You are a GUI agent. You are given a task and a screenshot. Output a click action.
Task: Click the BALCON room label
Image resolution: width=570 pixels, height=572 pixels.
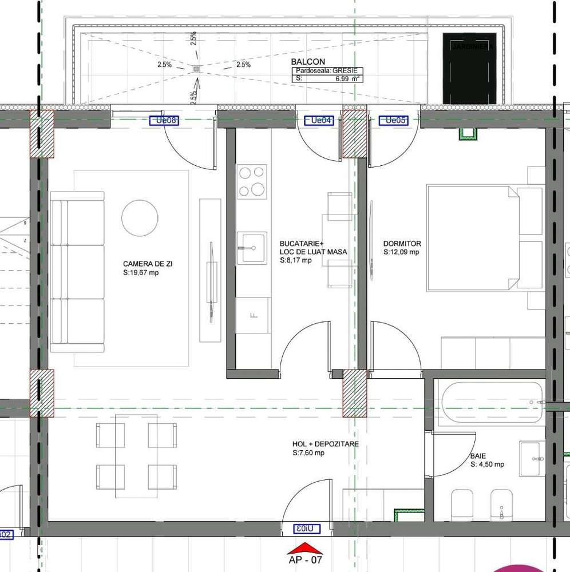tap(308, 62)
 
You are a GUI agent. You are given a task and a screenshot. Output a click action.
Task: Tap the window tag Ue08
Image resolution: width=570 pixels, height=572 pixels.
tap(164, 120)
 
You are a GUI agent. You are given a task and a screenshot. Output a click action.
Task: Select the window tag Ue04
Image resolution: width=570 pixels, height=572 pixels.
tap(318, 120)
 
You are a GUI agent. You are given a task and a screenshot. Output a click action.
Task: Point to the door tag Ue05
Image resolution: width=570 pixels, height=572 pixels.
tap(395, 120)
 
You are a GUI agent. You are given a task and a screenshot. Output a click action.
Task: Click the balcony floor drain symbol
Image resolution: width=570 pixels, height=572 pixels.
tap(196, 69)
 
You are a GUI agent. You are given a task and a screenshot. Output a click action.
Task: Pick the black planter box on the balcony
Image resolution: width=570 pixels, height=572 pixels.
tap(469, 69)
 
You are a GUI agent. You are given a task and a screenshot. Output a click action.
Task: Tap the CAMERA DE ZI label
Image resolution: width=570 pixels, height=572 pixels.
tap(148, 264)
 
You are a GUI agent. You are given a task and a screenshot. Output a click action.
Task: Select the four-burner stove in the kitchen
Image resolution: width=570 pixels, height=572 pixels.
tap(252, 181)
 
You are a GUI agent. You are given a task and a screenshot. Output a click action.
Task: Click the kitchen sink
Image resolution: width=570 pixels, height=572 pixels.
tap(252, 248)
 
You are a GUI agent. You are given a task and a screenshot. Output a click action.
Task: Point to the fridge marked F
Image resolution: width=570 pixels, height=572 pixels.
tap(252, 315)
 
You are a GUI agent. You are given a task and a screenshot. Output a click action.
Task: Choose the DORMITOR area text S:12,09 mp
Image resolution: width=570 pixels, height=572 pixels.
tap(401, 252)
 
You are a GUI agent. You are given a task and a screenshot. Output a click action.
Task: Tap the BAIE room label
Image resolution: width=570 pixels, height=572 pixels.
tap(478, 456)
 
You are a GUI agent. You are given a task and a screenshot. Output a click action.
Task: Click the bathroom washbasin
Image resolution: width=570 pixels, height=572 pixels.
tap(533, 458)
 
